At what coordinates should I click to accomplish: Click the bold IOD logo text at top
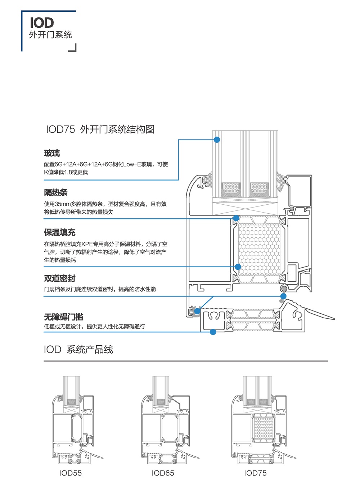click(x=42, y=23)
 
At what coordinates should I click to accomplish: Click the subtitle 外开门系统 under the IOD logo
click(x=50, y=35)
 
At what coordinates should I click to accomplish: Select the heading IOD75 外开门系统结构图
click(x=100, y=129)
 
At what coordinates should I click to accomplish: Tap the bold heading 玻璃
click(x=52, y=154)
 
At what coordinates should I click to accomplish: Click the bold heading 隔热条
click(x=56, y=192)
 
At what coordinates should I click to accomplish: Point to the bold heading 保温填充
click(x=60, y=232)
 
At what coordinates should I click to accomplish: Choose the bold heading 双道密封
click(x=60, y=278)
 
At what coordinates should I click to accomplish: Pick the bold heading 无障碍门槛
click(x=64, y=317)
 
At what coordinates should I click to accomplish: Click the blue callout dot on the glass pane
click(x=217, y=140)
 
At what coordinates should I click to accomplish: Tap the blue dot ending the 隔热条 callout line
click(x=236, y=218)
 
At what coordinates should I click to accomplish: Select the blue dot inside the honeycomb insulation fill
click(x=238, y=267)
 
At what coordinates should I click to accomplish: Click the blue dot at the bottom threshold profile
click(x=213, y=332)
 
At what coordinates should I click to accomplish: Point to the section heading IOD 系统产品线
click(x=78, y=349)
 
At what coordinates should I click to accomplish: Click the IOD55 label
click(x=71, y=473)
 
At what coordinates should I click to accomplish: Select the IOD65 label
click(x=163, y=473)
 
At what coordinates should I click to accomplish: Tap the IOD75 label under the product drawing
click(x=255, y=473)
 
